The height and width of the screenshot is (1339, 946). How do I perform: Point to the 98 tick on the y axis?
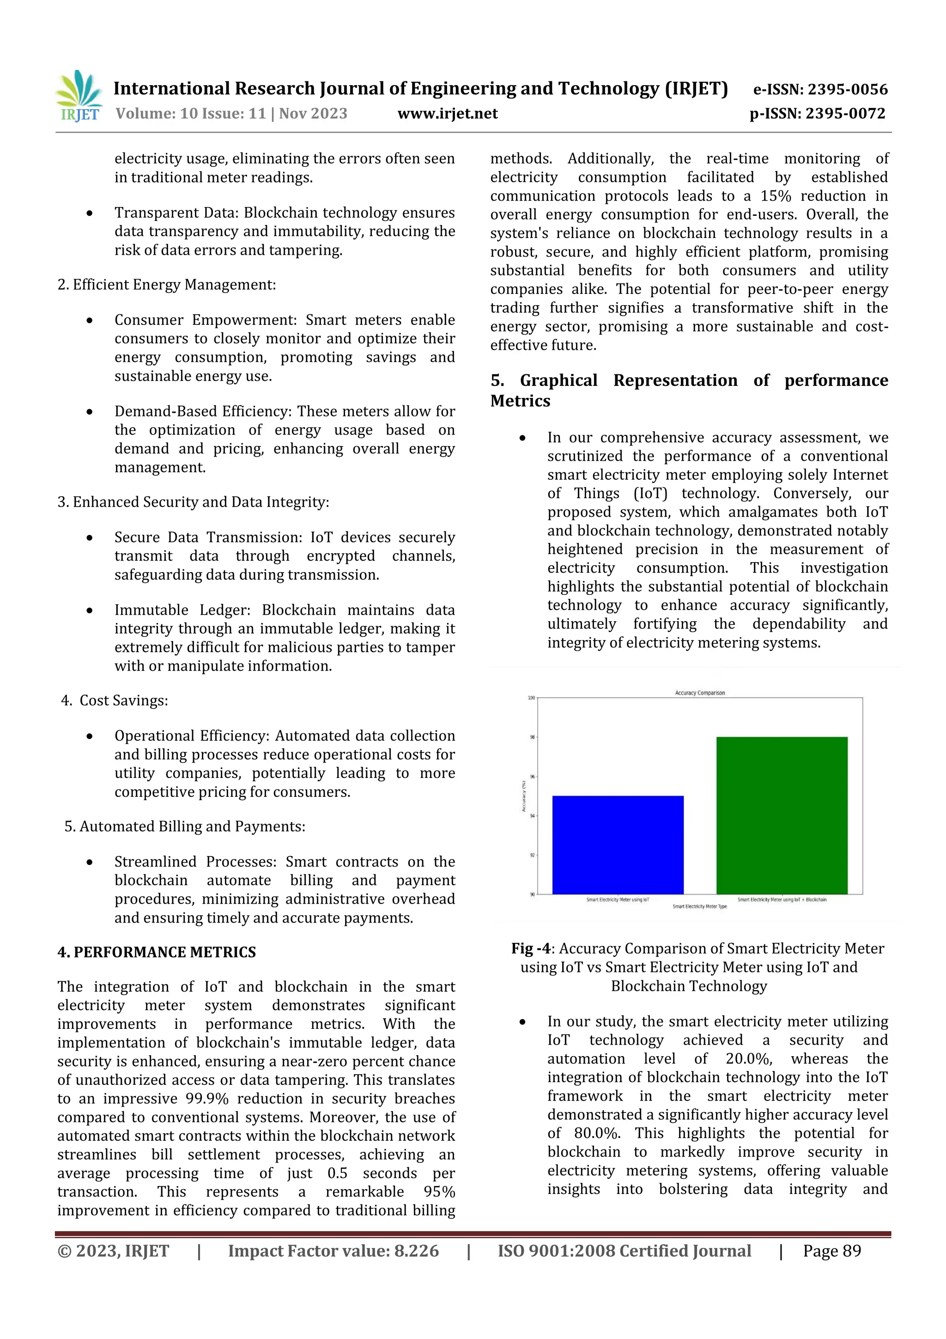click(x=532, y=737)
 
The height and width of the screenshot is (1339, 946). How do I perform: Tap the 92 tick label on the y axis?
click(x=532, y=855)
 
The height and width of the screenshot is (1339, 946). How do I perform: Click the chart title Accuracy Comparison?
click(x=699, y=693)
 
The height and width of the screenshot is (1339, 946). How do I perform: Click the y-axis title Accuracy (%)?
click(x=523, y=796)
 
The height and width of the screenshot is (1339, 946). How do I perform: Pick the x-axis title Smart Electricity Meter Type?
click(x=699, y=906)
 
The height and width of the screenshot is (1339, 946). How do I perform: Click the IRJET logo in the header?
click(x=80, y=96)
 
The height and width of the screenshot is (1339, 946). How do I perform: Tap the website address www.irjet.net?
click(x=447, y=114)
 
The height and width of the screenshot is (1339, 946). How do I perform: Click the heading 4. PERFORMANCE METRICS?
click(x=156, y=952)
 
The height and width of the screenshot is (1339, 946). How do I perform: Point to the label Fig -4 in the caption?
click(x=530, y=949)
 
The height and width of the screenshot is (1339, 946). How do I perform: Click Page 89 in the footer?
click(x=832, y=1251)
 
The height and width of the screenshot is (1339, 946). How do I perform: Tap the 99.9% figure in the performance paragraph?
click(x=207, y=1099)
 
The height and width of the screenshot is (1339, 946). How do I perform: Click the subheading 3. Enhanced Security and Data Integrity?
click(x=193, y=502)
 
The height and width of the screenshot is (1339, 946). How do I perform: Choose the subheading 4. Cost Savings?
click(x=115, y=700)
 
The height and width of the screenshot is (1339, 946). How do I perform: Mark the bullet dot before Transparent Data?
click(x=89, y=214)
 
